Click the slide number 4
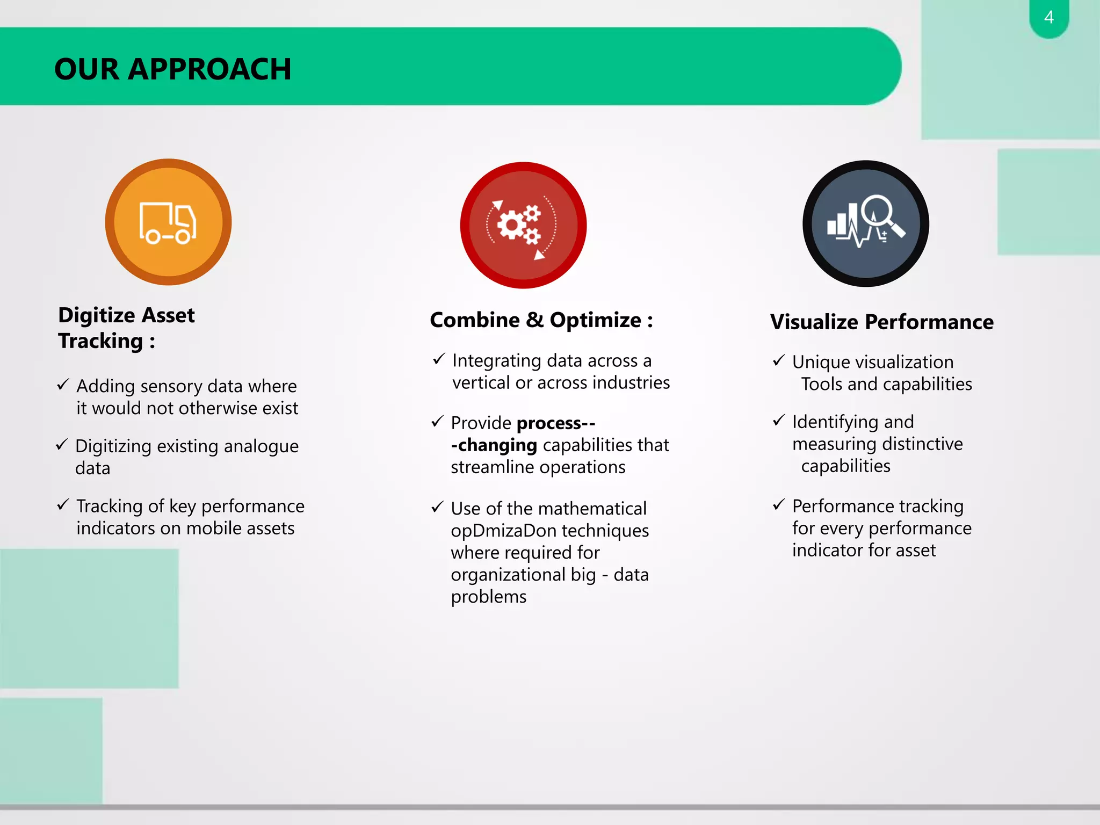click(x=1048, y=17)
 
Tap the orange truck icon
click(x=168, y=222)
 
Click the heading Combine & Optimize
click(x=541, y=320)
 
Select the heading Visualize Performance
click(x=881, y=322)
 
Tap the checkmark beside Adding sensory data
click(x=63, y=384)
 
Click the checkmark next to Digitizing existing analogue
click(x=62, y=444)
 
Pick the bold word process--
click(x=556, y=423)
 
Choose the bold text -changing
click(x=494, y=445)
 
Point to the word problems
click(x=488, y=597)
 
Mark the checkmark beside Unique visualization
click(x=779, y=360)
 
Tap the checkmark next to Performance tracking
click(x=779, y=504)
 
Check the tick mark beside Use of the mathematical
click(x=438, y=506)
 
